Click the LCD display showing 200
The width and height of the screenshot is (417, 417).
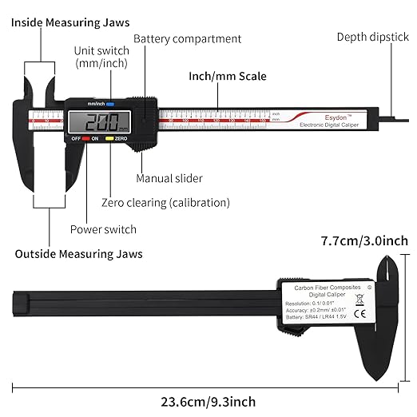pyautogui.click(x=102, y=122)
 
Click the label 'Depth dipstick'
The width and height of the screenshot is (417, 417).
pyautogui.click(x=373, y=37)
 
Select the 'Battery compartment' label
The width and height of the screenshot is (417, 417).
pyautogui.click(x=187, y=38)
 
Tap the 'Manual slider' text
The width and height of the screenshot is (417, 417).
pyautogui.click(x=169, y=178)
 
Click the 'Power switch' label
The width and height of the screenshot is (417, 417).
pyautogui.click(x=103, y=229)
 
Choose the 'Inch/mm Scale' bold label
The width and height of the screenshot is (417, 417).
pyautogui.click(x=228, y=77)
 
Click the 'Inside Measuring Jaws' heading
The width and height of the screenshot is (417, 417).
pyautogui.click(x=72, y=22)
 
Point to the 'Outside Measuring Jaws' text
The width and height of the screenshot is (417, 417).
pyautogui.click(x=78, y=254)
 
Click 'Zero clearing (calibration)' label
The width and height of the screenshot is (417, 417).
pyautogui.click(x=165, y=203)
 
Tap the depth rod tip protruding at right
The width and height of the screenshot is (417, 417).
pyautogui.click(x=404, y=119)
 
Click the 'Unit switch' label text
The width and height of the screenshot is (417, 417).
pyautogui.click(x=101, y=56)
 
